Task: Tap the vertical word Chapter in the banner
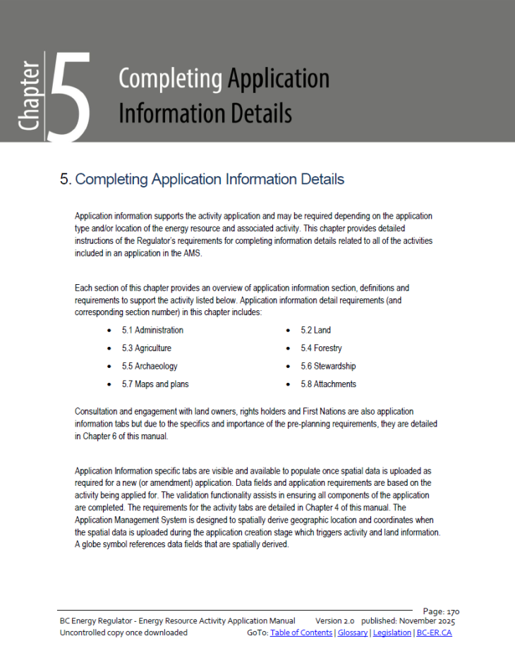pos(30,95)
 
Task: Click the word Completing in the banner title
pos(169,78)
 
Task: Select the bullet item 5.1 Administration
pos(152,330)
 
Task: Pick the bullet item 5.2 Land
pos(315,330)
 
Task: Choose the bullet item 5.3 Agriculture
pos(146,348)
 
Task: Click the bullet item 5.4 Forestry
pos(321,348)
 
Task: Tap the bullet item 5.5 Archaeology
pos(150,367)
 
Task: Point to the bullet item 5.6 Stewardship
pos(328,367)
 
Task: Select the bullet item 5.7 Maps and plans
pos(155,384)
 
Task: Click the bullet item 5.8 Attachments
pos(328,384)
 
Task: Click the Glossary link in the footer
pos(352,633)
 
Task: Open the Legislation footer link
pos(392,633)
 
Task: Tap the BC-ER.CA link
pos(434,633)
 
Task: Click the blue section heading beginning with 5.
pos(202,179)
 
